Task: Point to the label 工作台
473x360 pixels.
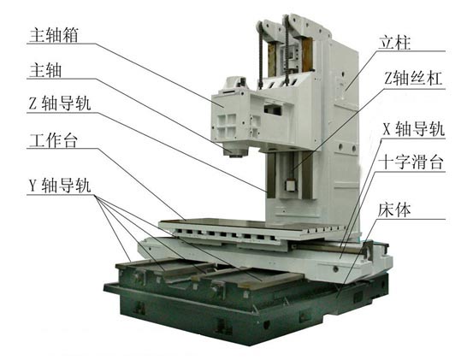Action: [x=53, y=141]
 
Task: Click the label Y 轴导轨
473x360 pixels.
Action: [x=62, y=187]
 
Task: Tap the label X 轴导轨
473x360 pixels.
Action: [x=414, y=130]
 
